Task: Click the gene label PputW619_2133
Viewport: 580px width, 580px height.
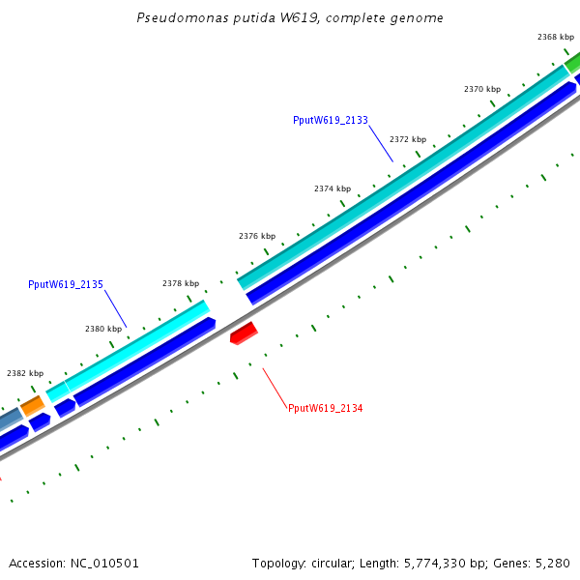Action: click(331, 121)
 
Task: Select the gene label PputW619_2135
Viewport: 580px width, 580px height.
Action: click(66, 285)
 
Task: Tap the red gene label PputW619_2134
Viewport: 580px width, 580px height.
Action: click(325, 409)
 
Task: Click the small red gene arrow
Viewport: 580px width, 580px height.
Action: click(244, 333)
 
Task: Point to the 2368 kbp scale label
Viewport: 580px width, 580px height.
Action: click(556, 37)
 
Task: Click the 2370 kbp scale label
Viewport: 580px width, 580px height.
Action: click(481, 89)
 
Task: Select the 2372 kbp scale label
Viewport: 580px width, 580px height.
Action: click(408, 139)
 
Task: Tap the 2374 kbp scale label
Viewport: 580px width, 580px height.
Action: click(333, 188)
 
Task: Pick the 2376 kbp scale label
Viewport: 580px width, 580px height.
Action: click(257, 236)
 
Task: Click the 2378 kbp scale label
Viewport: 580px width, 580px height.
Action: click(181, 283)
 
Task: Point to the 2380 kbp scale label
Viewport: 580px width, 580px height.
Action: click(103, 329)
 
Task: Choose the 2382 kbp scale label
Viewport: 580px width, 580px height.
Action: click(25, 373)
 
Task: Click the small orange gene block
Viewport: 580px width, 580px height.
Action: click(32, 405)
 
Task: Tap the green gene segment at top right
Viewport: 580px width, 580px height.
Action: click(572, 64)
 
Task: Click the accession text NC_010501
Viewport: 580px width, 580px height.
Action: click(74, 563)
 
